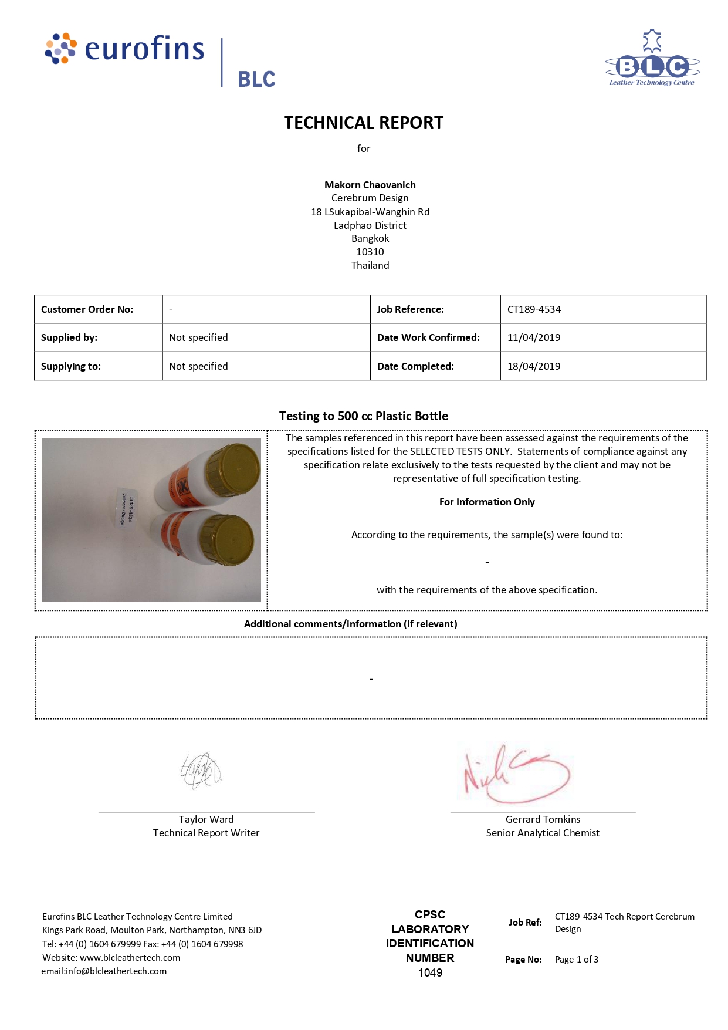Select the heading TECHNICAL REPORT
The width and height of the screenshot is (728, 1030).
point(364,123)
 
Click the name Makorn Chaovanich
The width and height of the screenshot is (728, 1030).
point(370,185)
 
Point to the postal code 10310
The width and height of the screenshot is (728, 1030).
point(370,252)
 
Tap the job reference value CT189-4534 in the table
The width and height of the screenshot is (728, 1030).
point(534,309)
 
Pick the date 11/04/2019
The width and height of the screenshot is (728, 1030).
point(534,337)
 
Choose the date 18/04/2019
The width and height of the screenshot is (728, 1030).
point(534,366)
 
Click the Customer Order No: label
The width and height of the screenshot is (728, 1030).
point(87,309)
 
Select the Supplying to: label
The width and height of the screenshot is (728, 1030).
point(71,366)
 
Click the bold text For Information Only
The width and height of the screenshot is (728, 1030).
point(487,502)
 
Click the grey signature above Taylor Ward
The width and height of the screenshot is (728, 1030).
point(201,771)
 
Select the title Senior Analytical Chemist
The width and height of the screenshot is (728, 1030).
point(543,833)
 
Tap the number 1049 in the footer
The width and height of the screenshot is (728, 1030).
point(430,972)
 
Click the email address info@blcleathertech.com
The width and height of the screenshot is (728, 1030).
point(116,971)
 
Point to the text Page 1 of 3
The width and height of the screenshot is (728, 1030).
point(577,959)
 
